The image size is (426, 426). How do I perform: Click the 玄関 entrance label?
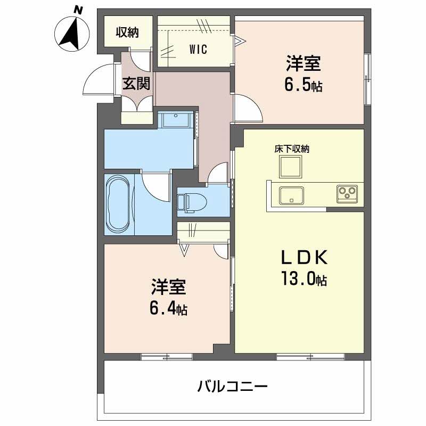(x=137, y=84)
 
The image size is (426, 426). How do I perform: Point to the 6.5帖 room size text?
(x=303, y=86)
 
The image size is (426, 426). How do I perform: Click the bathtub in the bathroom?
(x=118, y=204)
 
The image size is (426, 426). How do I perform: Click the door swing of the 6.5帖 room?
(x=249, y=109)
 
